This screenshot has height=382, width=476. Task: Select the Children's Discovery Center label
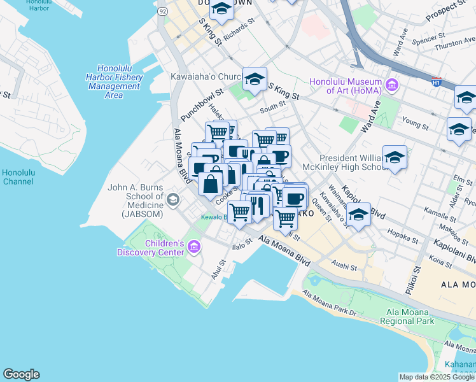point(150,248)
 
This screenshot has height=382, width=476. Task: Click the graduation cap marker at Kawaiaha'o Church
point(255,79)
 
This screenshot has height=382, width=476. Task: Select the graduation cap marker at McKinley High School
point(395,157)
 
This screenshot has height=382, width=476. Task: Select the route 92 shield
point(164,11)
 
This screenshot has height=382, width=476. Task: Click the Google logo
point(21,374)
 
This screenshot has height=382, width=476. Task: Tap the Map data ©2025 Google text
point(437,376)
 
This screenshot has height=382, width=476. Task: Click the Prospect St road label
point(449,9)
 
